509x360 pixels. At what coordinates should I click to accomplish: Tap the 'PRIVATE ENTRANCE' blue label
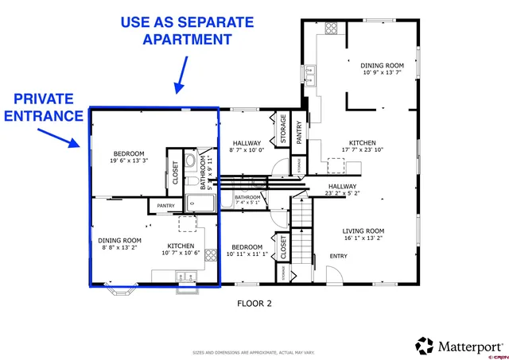[44, 107]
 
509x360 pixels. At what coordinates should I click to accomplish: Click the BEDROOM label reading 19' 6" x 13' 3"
[129, 157]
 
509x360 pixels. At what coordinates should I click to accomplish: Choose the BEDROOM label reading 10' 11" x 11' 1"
[247, 250]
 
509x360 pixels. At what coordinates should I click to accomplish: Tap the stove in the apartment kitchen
[212, 255]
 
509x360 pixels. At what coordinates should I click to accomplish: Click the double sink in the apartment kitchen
[186, 276]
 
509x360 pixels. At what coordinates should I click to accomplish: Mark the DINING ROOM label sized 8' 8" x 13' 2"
[120, 243]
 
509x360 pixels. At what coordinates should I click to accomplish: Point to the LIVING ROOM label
[363, 234]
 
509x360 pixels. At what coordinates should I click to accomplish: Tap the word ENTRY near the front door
[339, 256]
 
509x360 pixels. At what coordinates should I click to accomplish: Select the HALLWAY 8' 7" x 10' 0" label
[246, 146]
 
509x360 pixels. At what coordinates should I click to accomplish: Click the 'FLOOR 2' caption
[254, 303]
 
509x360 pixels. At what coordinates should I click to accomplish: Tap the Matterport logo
[459, 346]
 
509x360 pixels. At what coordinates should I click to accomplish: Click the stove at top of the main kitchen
[330, 27]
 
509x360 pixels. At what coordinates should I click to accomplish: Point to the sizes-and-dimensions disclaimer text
[254, 352]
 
